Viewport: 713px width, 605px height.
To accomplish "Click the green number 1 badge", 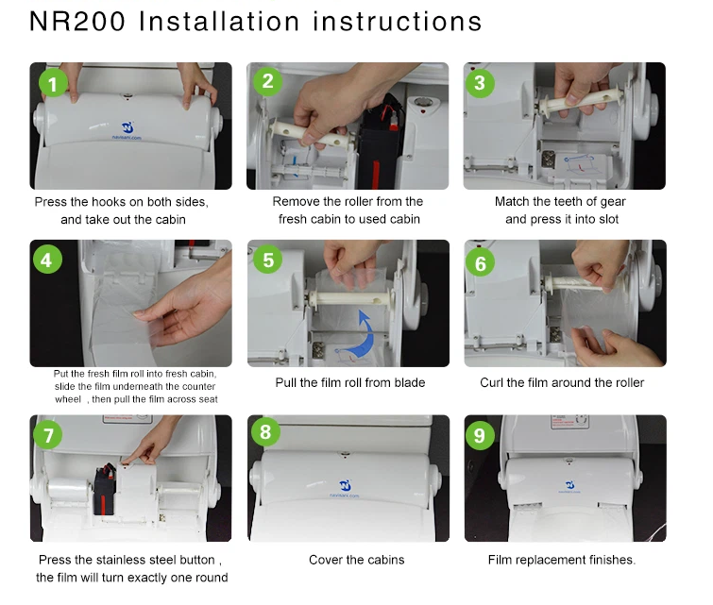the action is point(53,84).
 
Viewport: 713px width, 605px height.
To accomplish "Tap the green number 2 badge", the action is point(268,81).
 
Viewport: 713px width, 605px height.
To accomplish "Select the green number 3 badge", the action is point(480,83).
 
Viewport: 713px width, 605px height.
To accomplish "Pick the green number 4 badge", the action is point(47,260).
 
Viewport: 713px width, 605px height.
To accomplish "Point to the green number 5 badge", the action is point(268,260).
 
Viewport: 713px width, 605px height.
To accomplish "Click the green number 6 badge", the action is point(480,262).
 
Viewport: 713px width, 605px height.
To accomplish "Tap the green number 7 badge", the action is point(48,434).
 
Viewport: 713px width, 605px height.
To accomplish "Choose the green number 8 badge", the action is point(265,431).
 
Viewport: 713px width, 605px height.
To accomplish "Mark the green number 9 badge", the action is point(480,435).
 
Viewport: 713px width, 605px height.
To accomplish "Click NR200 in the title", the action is point(77,22).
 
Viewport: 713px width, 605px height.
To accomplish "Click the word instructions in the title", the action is point(398,22).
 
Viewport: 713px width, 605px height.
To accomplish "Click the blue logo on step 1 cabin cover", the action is point(127,126).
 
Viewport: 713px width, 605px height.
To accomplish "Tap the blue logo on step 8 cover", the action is point(346,485).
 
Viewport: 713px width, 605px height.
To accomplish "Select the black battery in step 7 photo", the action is point(105,489).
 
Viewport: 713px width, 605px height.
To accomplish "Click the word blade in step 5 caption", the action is point(410,383).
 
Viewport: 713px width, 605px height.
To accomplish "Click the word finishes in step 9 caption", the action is point(612,560).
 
